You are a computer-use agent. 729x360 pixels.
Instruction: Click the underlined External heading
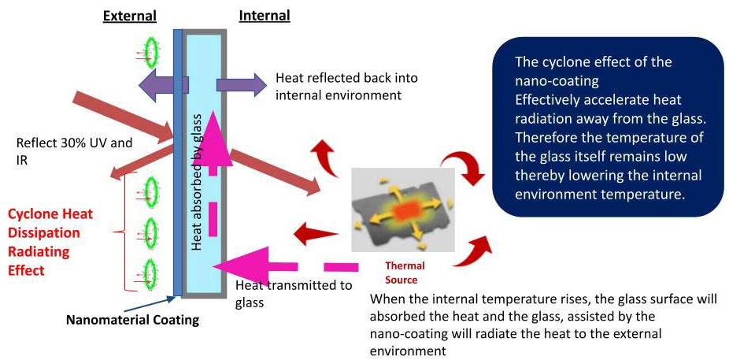pos(130,16)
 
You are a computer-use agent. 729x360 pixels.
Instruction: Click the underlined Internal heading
pos(264,16)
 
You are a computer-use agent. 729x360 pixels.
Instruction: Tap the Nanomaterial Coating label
pos(132,321)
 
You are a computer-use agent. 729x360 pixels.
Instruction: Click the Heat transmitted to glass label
pos(293,293)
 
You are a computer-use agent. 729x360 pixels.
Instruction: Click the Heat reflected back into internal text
pos(346,87)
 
